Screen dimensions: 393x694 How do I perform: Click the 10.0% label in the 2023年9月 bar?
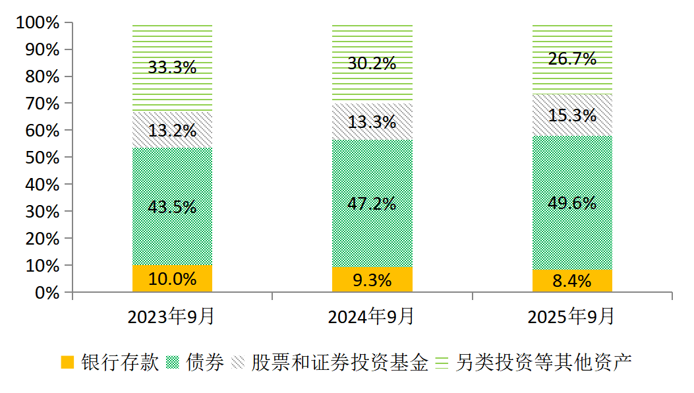(x=172, y=279)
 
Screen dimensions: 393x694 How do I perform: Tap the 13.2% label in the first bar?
(x=172, y=131)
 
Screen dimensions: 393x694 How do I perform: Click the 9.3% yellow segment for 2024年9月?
(x=372, y=280)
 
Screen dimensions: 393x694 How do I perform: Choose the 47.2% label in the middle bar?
(x=372, y=203)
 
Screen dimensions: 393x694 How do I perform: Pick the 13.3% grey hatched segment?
(x=372, y=121)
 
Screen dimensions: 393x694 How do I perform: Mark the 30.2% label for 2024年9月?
(x=372, y=63)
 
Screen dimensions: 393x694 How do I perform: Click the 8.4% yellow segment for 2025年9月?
(x=572, y=282)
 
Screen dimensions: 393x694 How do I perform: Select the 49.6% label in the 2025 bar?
(x=572, y=202)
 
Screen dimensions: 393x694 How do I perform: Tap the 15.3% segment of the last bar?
(x=572, y=115)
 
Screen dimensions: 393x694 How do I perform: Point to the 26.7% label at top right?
(x=572, y=59)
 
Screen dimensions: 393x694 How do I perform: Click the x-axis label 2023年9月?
(x=171, y=317)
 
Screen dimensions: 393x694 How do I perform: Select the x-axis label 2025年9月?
(x=571, y=317)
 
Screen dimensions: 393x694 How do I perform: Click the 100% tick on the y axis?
(x=38, y=23)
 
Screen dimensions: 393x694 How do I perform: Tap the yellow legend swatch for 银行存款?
(x=67, y=362)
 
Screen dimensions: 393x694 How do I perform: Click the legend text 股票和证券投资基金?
(x=340, y=362)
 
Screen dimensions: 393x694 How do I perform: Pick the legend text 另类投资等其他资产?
(x=544, y=362)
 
